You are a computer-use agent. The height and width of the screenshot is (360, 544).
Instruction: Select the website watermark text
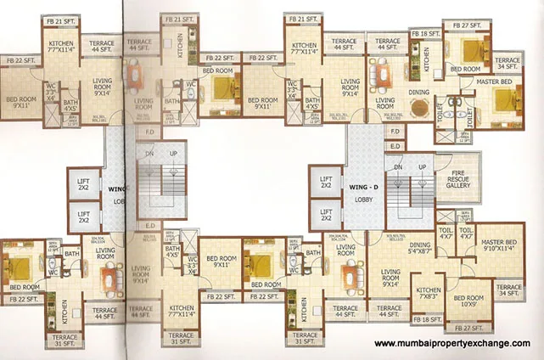click(452, 344)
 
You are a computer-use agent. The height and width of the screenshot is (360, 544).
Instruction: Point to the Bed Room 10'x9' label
click(468, 301)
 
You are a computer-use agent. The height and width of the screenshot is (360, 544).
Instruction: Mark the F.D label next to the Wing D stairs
click(395, 132)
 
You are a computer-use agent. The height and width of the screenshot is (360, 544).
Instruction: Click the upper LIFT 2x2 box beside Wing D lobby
click(326, 183)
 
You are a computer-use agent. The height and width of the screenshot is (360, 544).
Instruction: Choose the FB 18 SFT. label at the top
click(422, 34)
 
